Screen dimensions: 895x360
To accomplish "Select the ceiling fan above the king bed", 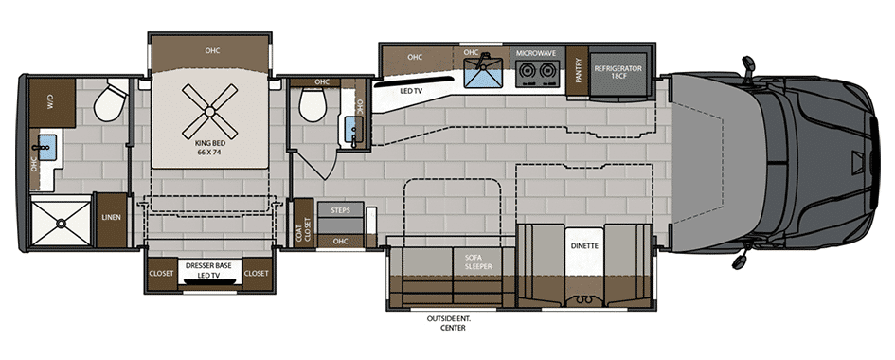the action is pos(210,110).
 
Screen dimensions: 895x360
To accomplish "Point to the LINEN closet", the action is pos(112,220).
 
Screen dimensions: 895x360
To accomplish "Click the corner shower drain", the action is pos(60,225).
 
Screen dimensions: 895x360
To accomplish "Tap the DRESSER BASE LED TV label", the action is pos(210,269).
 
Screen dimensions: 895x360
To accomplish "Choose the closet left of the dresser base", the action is pos(161,274).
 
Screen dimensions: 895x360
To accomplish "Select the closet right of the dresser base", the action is pos(257,274).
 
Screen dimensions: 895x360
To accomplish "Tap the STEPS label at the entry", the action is pos(341,210).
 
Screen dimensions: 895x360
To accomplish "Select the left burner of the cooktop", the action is pos(527,71).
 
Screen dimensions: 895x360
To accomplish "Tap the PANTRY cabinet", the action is pos(578,71).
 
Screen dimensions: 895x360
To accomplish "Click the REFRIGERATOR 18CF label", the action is pos(618,71).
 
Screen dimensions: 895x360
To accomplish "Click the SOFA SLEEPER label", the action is pos(476,261).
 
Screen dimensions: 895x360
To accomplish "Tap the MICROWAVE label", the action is pos(535,53).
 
